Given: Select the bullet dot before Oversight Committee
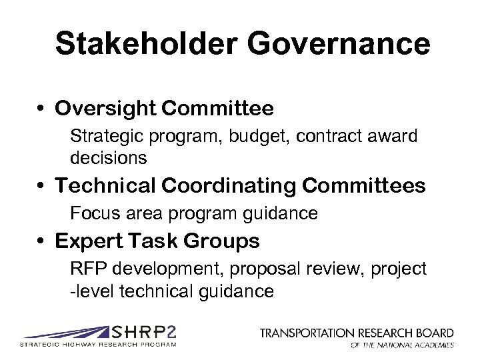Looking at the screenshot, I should (x=41, y=109).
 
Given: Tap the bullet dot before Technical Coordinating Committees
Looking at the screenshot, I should (x=41, y=186).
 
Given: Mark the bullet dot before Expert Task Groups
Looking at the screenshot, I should (x=41, y=241).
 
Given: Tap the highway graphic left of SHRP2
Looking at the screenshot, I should (x=67, y=333).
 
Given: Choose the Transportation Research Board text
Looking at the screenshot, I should (x=357, y=333).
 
